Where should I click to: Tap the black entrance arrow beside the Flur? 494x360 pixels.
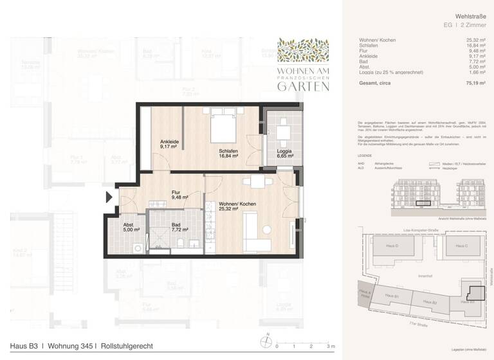[109, 197]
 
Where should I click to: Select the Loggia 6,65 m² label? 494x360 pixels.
[284, 154]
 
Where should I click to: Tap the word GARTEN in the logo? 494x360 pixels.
[302, 87]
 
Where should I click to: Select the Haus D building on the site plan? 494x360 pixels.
[392, 246]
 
